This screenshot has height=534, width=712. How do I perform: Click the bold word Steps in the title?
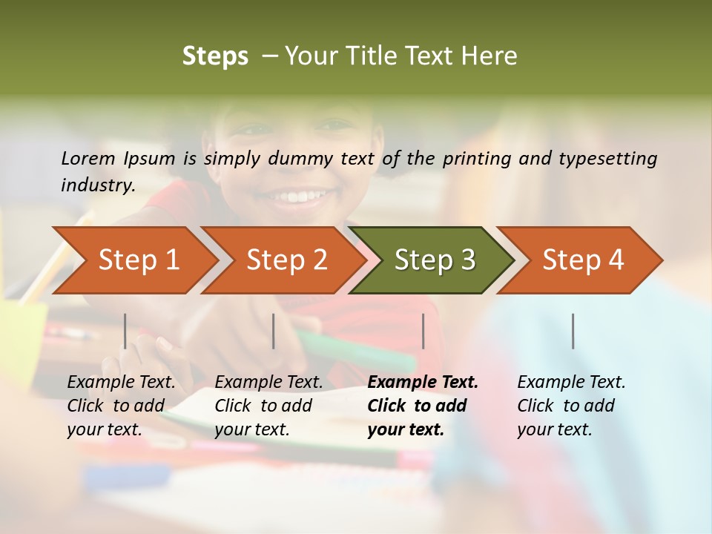[215, 56]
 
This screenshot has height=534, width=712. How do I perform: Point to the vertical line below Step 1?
[125, 331]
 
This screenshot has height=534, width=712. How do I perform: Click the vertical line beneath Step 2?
[274, 331]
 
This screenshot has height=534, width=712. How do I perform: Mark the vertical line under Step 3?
[423, 331]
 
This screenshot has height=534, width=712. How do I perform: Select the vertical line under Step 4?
[573, 331]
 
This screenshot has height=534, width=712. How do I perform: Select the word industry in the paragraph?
[98, 185]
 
